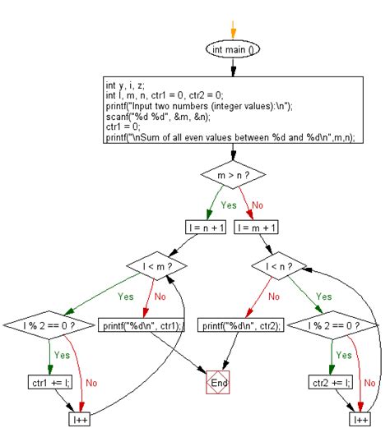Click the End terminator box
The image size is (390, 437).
click(217, 383)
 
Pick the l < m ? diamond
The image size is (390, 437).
click(155, 267)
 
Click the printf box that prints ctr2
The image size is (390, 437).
click(242, 326)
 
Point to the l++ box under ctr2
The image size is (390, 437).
click(360, 420)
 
